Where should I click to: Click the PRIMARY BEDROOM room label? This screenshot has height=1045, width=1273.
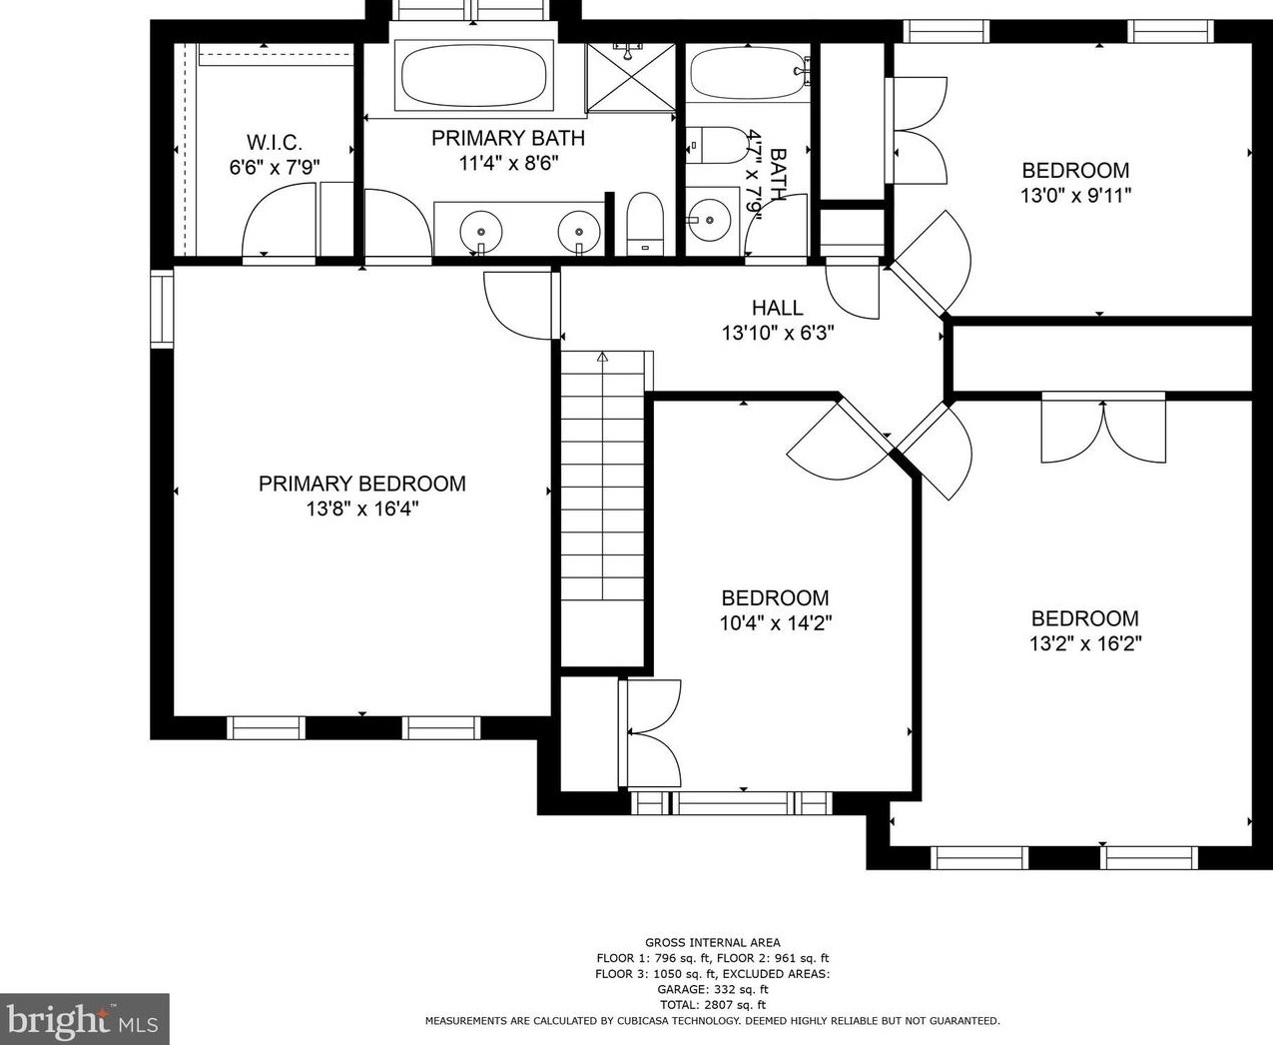pyautogui.click(x=361, y=484)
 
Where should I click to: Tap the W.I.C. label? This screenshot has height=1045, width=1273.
pyautogui.click(x=274, y=143)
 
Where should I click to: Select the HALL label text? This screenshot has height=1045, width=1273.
pyautogui.click(x=777, y=308)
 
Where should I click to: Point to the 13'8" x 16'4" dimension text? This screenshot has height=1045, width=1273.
pyautogui.click(x=361, y=510)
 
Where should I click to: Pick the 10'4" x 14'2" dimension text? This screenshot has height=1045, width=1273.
pyautogui.click(x=775, y=623)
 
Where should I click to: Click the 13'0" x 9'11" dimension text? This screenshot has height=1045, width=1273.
pyautogui.click(x=1074, y=196)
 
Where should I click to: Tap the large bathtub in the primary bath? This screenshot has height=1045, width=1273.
pyautogui.click(x=474, y=76)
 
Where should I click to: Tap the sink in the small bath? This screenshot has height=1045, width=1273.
pyautogui.click(x=708, y=215)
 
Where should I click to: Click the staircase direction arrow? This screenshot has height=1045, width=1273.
pyautogui.click(x=602, y=357)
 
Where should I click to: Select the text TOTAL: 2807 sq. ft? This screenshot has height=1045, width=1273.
pyautogui.click(x=712, y=1005)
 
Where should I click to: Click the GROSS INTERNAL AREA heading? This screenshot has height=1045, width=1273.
pyautogui.click(x=712, y=942)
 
